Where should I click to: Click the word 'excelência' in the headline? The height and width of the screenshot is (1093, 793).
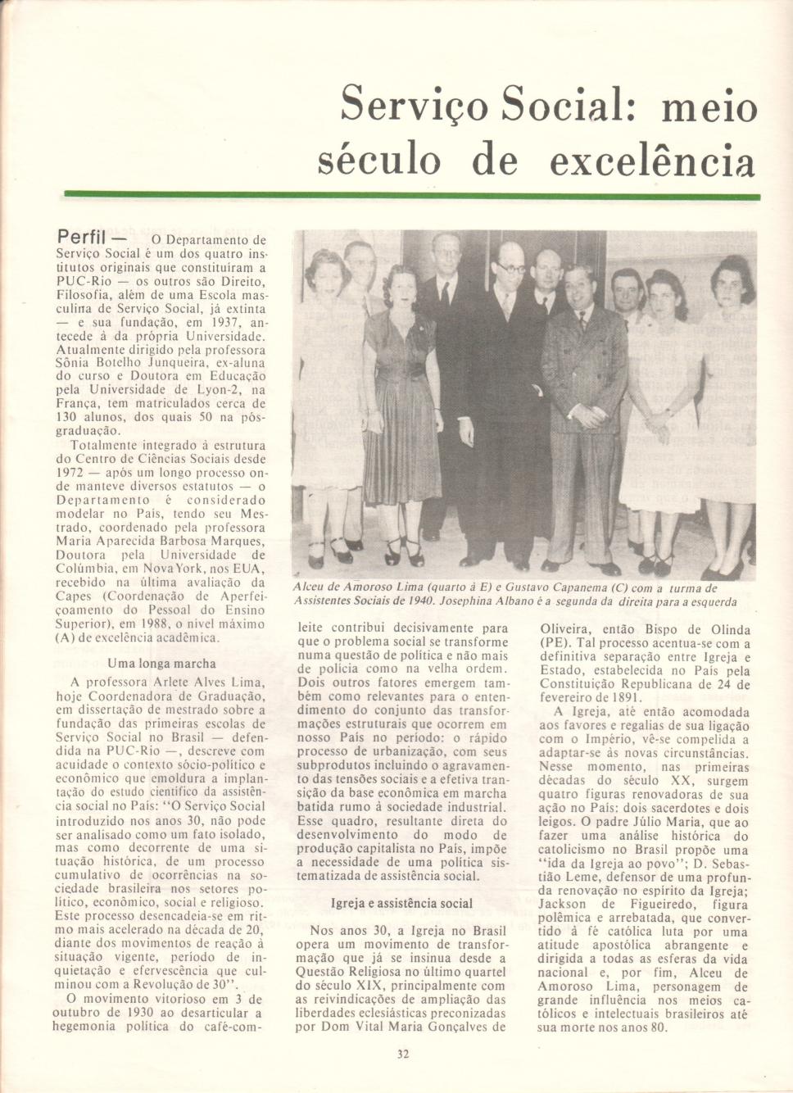(x=651, y=161)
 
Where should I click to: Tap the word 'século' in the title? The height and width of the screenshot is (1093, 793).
(x=378, y=161)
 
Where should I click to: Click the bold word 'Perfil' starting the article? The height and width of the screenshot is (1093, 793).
(x=82, y=238)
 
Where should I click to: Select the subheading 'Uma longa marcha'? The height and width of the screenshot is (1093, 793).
(x=161, y=664)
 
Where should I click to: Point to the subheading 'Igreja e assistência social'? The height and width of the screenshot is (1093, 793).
(x=401, y=904)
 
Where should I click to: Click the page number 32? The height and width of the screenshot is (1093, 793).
(x=402, y=1054)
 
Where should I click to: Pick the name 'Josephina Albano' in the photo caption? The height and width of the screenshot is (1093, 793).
(x=491, y=602)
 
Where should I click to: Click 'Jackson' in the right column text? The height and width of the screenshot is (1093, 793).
(x=562, y=905)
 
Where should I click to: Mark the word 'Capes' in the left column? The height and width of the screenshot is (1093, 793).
(x=73, y=596)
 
